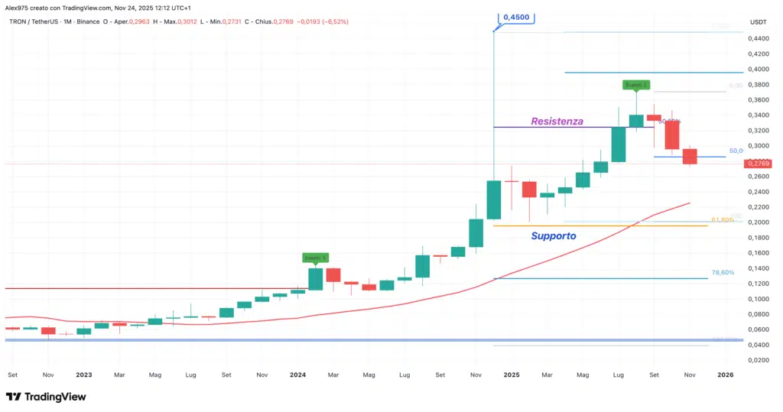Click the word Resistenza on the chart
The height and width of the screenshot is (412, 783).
[557, 121]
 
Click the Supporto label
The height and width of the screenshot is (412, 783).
[554, 236]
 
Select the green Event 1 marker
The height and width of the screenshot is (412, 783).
[316, 258]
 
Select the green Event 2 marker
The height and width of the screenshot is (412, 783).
[636, 84]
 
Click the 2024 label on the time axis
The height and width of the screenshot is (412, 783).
[298, 375]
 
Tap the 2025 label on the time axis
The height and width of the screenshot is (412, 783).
[512, 375]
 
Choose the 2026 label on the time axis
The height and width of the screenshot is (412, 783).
[725, 375]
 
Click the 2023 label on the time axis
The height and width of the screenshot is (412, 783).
[84, 375]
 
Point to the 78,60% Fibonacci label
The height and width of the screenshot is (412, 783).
[723, 272]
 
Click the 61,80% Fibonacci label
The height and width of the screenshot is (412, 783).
[723, 220]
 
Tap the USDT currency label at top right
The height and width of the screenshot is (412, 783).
[758, 21]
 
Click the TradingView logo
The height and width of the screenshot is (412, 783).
[46, 397]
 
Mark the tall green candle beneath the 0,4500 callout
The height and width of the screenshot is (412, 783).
[494, 200]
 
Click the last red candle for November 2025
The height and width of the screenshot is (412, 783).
[690, 156]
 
